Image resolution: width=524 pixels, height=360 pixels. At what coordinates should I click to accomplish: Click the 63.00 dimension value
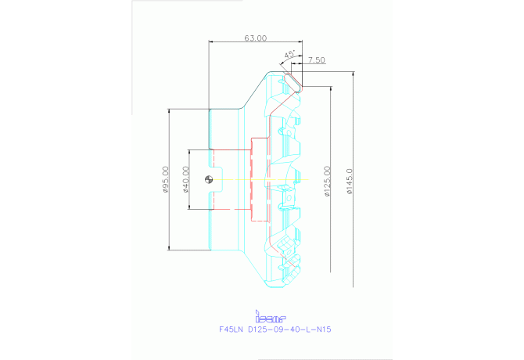(x=255, y=38)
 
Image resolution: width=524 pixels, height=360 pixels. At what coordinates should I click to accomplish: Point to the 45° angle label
(x=289, y=54)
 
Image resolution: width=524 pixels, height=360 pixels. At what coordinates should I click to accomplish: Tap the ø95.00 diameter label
(x=166, y=179)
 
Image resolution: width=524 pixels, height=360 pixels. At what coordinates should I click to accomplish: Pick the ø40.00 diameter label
(x=185, y=178)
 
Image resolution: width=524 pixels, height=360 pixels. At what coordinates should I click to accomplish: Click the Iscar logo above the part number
(x=272, y=317)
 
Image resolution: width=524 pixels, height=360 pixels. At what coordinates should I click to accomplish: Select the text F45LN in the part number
(x=231, y=329)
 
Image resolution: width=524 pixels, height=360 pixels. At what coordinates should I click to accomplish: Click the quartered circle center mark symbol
(x=209, y=179)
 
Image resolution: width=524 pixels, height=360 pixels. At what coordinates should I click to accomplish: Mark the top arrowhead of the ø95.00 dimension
(x=170, y=111)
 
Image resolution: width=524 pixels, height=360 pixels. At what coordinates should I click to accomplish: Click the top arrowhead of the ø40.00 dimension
(x=190, y=150)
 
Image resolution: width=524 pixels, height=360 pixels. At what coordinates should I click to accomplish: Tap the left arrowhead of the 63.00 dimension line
(x=212, y=41)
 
